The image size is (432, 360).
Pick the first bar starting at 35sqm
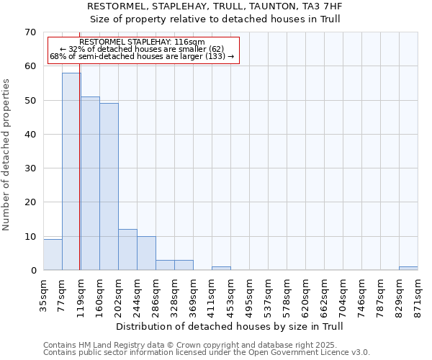point(53,255)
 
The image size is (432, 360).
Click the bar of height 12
point(127,250)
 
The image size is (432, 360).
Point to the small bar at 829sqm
point(408,269)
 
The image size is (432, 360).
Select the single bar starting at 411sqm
point(221,269)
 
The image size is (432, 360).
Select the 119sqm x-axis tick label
point(81,294)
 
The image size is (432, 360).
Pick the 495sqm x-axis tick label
point(249,294)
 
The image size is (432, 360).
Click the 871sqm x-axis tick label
point(418,294)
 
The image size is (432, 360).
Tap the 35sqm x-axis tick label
point(43,293)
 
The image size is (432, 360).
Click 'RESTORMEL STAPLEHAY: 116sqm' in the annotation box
point(143,42)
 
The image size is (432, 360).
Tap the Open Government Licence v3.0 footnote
point(207,352)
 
